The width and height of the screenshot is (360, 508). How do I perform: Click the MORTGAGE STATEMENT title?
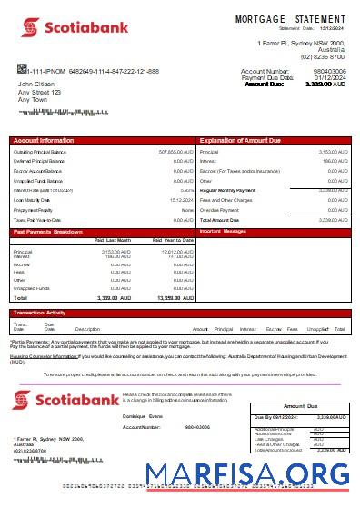(x=290, y=18)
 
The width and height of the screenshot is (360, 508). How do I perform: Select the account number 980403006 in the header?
(x=330, y=71)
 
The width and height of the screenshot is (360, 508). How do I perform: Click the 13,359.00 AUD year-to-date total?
(x=174, y=297)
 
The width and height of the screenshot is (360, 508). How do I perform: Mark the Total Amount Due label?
(x=219, y=220)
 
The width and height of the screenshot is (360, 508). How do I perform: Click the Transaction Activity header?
(x=40, y=313)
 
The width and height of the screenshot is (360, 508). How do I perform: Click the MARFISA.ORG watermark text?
(x=252, y=473)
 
